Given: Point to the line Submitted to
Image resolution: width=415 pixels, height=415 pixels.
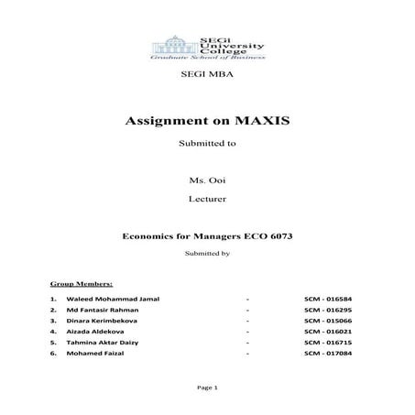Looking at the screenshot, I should (207, 144).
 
